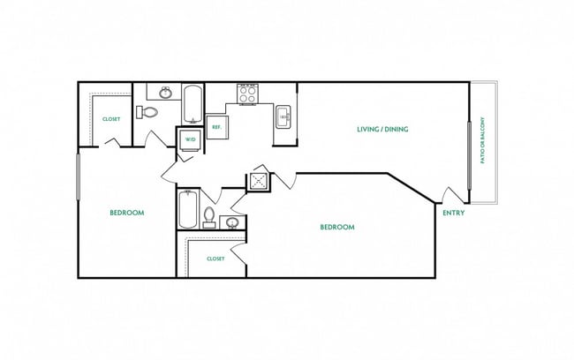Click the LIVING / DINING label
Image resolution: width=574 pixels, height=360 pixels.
tap(381, 130)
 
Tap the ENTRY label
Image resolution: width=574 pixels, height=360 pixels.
tap(453, 213)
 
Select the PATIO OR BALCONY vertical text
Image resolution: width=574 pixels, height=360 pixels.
tap(482, 141)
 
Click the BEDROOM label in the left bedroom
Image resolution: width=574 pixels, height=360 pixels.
tap(126, 213)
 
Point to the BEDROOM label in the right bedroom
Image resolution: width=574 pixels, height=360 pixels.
tap(336, 227)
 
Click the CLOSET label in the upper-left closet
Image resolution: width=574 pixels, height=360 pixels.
tap(111, 119)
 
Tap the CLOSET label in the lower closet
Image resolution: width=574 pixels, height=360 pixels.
tap(215, 259)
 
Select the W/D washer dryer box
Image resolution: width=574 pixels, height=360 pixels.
tap(190, 139)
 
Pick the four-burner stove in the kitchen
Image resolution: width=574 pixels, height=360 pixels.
tap(246, 94)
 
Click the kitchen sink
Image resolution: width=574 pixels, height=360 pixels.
tap(284, 116)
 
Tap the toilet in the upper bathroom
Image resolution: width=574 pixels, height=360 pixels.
tap(147, 112)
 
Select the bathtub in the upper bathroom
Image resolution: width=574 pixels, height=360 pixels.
tap(193, 103)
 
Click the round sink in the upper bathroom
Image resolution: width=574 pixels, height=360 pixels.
tap(165, 92)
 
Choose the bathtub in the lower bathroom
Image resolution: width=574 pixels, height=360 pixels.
tap(186, 210)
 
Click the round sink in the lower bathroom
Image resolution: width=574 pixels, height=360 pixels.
tap(231, 222)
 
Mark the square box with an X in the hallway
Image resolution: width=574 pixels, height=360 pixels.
tap(258, 180)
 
